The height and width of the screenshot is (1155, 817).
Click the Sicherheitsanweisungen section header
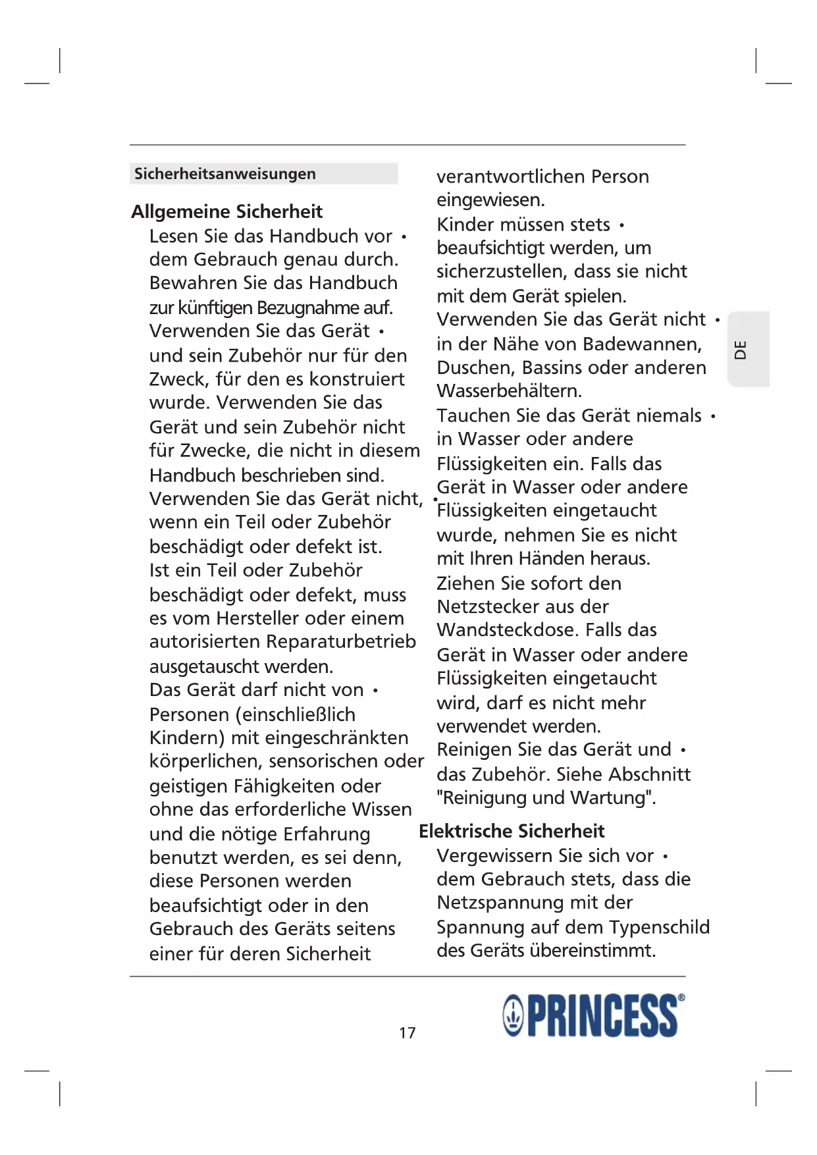pyautogui.click(x=225, y=174)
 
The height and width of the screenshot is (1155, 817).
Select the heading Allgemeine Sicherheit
pyautogui.click(x=226, y=211)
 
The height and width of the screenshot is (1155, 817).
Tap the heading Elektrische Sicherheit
pyautogui.click(x=512, y=831)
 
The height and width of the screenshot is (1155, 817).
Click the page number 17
pyautogui.click(x=408, y=1033)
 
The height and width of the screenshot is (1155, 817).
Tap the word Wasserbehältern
pyautogui.click(x=509, y=390)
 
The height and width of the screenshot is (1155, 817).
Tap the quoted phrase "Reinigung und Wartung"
pyautogui.click(x=546, y=797)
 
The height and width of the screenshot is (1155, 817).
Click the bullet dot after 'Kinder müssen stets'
pyautogui.click(x=621, y=226)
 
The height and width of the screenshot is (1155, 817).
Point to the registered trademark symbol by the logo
pyautogui.click(x=681, y=998)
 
